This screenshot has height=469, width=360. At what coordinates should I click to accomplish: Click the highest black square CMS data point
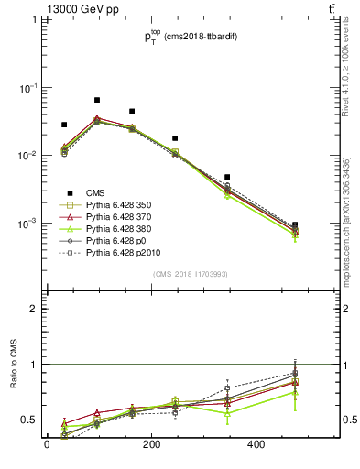pos(96,100)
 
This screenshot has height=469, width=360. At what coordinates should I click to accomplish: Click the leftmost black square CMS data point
pos(64,125)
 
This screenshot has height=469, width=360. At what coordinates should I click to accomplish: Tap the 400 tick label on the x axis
pos(256,445)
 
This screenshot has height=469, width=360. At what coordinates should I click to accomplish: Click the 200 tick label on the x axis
pos(152,445)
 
